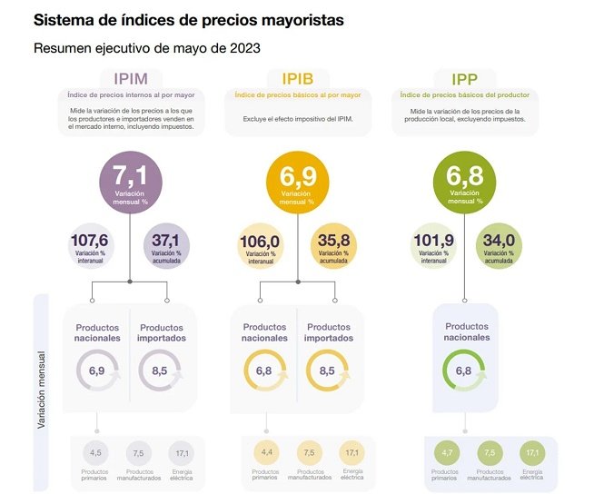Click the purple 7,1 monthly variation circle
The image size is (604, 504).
tap(129, 182)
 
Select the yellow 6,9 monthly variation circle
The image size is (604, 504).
tap(298, 182)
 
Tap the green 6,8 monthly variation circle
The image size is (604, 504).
tap(465, 182)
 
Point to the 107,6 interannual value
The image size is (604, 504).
tap(89, 246)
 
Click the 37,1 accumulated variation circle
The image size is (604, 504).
tap(167, 246)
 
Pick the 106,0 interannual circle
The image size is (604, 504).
tap(259, 246)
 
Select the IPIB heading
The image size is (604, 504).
tap(296, 79)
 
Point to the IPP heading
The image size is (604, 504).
tap(464, 79)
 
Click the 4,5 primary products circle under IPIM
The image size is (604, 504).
tap(97, 452)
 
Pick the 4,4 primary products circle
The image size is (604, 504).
tap(265, 452)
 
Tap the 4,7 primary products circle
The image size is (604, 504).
tap(445, 452)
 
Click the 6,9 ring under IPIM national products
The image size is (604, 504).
tap(96, 371)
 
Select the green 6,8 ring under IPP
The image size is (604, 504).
tap(463, 371)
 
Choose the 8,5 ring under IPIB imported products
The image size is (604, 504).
tap(328, 371)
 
